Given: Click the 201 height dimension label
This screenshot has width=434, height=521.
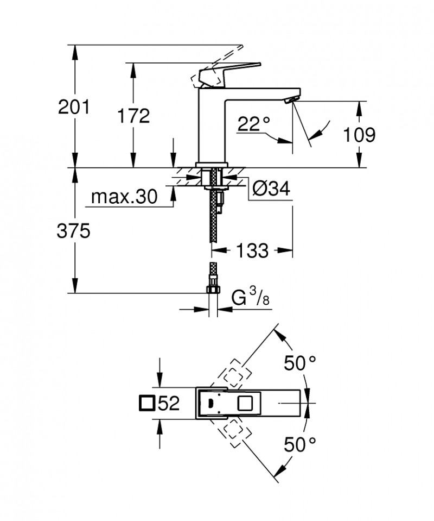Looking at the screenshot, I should [74, 107].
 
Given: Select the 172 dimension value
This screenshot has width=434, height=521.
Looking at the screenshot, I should [132, 115].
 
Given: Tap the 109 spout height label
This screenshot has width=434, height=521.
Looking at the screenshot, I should [358, 134].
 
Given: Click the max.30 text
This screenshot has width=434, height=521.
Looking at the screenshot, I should [124, 197].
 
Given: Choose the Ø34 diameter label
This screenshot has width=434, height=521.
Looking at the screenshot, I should [271, 189].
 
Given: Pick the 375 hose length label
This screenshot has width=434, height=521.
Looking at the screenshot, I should [74, 231].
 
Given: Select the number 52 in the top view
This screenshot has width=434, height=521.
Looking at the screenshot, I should [169, 404].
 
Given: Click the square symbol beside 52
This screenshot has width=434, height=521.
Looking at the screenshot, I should [146, 404].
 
